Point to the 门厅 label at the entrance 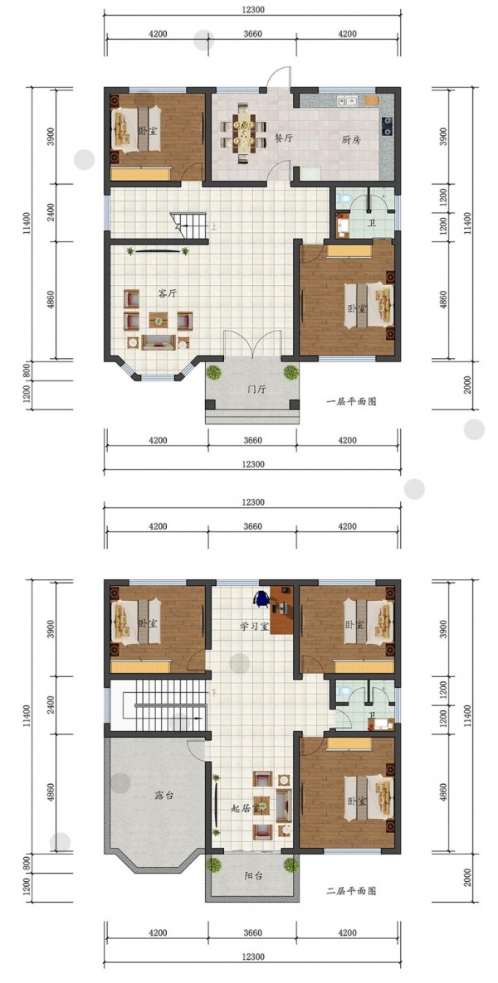click(257, 390)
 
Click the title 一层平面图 click(352, 402)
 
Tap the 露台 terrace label click(164, 795)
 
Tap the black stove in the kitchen click(387, 125)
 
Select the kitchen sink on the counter click(347, 99)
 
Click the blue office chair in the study click(262, 598)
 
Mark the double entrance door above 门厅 click(252, 343)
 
